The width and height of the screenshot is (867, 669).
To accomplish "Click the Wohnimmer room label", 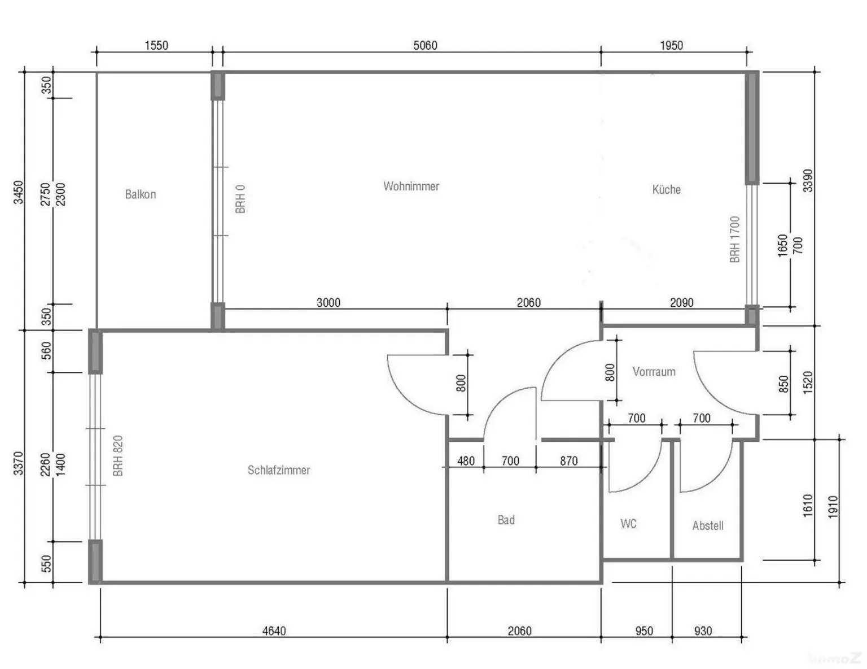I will click(411, 186).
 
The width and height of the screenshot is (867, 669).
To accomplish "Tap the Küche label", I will click(666, 189).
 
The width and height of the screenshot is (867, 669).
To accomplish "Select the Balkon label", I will click(140, 194).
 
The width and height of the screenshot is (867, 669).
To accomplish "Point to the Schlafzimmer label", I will click(279, 470).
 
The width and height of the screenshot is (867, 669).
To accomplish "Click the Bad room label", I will click(506, 520).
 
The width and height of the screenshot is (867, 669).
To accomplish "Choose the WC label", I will click(628, 523).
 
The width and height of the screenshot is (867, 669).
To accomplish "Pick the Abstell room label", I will click(707, 525).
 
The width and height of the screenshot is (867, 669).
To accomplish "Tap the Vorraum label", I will click(654, 371).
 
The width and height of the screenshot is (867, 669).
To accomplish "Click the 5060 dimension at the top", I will click(425, 45).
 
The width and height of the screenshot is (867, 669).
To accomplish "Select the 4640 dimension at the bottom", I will click(274, 631).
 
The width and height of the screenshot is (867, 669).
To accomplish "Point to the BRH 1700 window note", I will click(734, 239).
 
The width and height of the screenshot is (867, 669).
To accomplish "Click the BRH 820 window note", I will click(117, 455).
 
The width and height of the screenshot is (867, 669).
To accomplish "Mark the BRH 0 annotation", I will click(240, 199).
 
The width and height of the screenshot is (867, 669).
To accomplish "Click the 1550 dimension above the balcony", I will click(156, 45).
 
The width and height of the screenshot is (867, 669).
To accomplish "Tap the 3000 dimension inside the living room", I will click(328, 302).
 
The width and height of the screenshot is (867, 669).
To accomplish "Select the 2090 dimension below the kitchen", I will click(681, 302).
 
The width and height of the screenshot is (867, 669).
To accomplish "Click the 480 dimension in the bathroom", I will click(466, 461).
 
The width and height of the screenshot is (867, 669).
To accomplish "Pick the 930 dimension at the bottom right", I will click(703, 631).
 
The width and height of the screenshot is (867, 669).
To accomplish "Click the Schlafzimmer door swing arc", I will click(402, 396).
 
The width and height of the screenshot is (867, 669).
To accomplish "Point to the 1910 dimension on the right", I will click(833, 507).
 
